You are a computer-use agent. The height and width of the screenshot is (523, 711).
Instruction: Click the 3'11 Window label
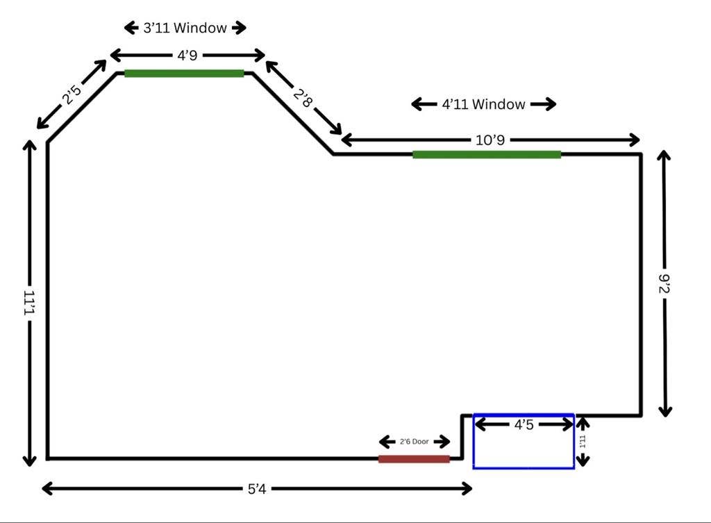185,28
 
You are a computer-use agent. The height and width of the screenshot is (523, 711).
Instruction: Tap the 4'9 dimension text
187,56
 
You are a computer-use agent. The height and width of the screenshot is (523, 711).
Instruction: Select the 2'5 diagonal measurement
72,94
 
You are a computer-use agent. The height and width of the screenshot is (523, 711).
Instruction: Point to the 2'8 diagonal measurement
303,98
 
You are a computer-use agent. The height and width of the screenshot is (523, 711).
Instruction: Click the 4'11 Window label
483,104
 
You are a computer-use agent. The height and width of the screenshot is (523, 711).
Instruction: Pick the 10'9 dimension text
490,140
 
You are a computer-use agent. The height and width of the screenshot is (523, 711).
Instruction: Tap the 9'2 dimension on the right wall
664,283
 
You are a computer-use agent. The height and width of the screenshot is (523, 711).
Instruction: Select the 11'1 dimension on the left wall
29,303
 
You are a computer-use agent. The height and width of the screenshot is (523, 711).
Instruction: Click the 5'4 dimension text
257,488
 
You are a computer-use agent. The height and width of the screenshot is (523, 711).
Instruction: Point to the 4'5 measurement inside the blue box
524,424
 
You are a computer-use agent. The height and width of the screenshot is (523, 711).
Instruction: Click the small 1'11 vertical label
583,441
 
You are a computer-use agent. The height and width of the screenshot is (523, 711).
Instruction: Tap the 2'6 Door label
414,441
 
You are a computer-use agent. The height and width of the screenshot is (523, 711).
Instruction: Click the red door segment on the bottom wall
414,459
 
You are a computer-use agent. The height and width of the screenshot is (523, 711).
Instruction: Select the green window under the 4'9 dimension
184,74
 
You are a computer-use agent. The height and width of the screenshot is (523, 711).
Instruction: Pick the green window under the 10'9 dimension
487,155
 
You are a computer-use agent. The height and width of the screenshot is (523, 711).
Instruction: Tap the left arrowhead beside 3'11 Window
131,28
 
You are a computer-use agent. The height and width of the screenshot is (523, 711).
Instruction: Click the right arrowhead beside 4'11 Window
550,104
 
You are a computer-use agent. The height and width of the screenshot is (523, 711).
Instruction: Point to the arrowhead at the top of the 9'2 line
664,156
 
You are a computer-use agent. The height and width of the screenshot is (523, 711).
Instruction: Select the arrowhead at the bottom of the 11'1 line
29,460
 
